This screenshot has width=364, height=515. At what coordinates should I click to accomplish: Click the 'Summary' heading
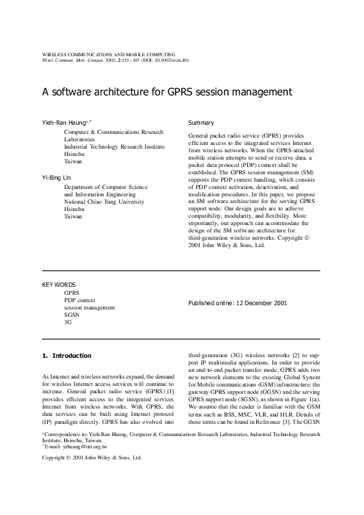tap(201, 123)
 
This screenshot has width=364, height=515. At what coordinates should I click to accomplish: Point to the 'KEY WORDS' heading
tap(59, 284)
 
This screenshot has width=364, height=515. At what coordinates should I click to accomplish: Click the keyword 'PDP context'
tap(80, 300)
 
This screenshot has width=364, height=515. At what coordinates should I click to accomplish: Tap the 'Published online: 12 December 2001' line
tap(237, 303)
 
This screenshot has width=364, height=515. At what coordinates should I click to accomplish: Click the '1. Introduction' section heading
tap(67, 355)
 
